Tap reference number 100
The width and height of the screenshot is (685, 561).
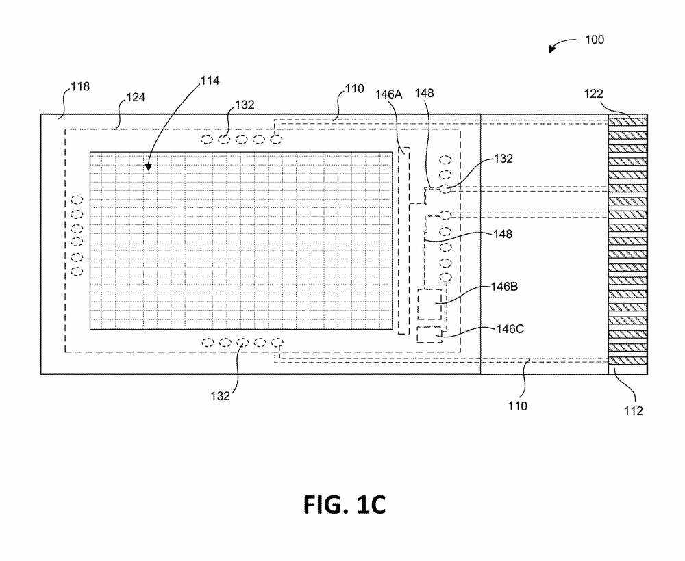[x=594, y=40]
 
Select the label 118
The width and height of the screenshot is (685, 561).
[x=80, y=87]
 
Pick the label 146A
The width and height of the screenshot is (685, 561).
[x=387, y=94]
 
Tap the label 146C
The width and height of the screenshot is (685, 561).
[x=510, y=329]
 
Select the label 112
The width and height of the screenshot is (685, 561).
[x=634, y=411]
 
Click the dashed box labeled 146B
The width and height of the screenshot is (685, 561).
[x=429, y=304]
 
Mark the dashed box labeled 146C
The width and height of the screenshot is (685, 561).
[x=429, y=335]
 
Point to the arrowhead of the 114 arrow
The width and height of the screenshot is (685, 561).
[x=147, y=168]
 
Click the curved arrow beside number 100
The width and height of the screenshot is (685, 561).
[x=562, y=45]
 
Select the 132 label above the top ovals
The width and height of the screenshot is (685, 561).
[x=245, y=105]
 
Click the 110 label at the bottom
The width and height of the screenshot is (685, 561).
[x=516, y=406]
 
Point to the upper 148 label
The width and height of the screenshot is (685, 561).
[x=424, y=93]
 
